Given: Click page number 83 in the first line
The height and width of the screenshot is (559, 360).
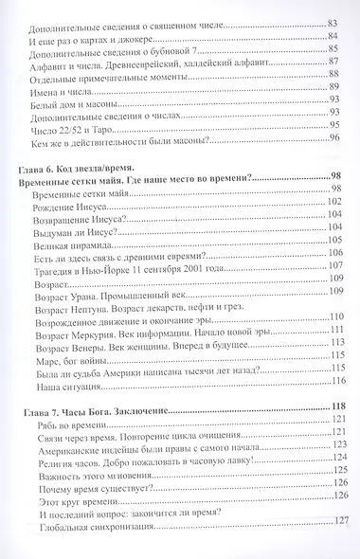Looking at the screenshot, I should (333, 20).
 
